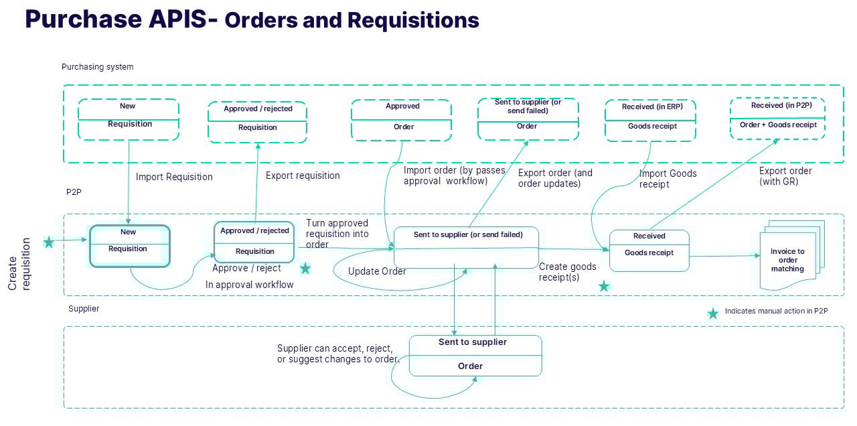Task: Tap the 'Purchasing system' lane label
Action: [97, 67]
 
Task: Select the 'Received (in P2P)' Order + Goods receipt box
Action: [777, 118]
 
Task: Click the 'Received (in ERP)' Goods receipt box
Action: [651, 120]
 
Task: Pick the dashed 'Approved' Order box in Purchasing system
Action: [402, 120]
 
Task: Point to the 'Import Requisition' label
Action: [174, 177]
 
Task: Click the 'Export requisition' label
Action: [303, 176]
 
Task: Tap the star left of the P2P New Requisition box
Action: [49, 242]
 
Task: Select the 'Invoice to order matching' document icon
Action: [788, 259]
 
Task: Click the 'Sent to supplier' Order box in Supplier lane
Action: [475, 355]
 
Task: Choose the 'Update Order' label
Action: [377, 272]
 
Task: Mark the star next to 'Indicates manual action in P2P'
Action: [713, 313]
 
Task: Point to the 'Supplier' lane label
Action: [84, 309]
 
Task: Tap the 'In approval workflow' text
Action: [249, 285]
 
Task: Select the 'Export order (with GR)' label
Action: [785, 176]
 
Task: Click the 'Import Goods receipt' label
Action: [668, 178]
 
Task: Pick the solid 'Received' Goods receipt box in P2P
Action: [649, 251]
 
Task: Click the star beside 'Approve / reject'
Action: [305, 269]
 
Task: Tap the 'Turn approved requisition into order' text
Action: [337, 234]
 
